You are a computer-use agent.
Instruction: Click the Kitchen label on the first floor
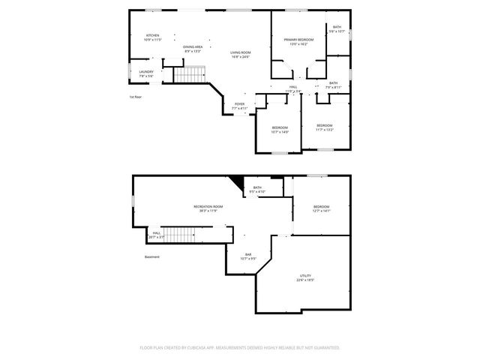point(152,35)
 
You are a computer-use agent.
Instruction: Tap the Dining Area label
point(193,46)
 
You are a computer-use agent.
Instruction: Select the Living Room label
point(240,52)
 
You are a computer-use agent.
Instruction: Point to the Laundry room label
point(145,72)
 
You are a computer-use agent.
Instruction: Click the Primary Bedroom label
point(298,39)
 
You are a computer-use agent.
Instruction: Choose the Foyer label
point(239,104)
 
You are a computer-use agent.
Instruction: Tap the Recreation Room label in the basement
point(209,206)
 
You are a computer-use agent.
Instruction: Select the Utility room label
point(305,275)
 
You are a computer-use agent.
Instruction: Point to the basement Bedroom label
point(321,206)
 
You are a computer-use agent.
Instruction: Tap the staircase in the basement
point(180,235)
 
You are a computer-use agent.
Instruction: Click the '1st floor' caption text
point(135,97)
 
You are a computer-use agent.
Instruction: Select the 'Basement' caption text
point(152,256)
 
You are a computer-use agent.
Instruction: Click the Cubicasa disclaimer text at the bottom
point(240,348)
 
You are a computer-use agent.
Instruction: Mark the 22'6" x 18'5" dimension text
point(305,280)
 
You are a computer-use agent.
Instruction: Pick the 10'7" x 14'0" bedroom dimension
point(280,133)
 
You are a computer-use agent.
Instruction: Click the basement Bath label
point(257,187)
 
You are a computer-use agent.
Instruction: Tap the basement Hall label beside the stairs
point(156,232)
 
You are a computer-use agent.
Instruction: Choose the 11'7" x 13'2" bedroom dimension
point(324,130)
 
